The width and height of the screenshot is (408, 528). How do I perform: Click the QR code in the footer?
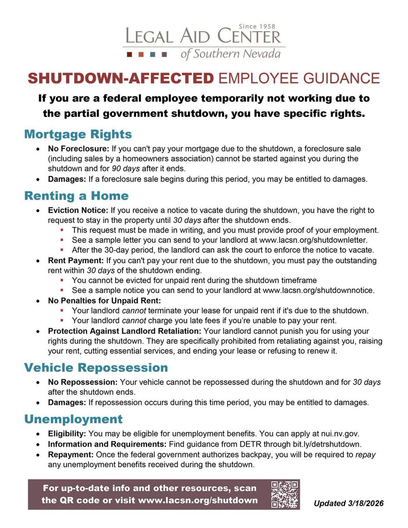285,494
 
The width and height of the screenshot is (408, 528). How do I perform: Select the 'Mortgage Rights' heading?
78,134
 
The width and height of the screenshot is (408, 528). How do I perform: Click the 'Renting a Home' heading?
76,195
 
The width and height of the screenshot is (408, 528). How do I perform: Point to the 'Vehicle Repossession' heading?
96,367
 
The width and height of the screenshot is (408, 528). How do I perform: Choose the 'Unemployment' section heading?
73,419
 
